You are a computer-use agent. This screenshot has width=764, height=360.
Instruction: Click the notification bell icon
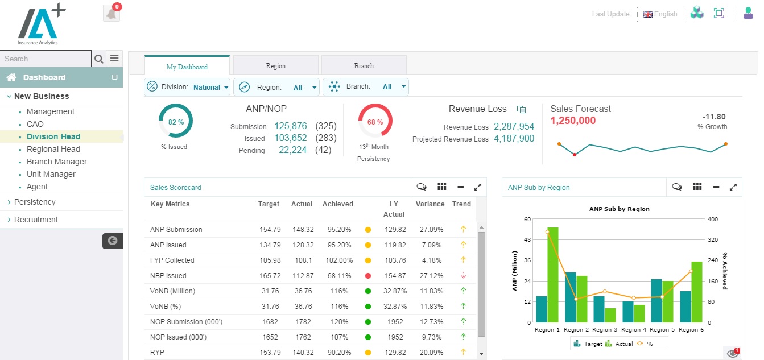111,14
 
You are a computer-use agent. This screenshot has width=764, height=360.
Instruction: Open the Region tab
276,66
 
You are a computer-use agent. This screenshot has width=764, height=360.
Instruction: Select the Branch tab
364,66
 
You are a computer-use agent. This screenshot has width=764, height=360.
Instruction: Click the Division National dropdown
188,87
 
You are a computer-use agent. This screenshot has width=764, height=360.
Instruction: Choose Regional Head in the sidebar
53,149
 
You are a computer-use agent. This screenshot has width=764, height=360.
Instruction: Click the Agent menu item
38,187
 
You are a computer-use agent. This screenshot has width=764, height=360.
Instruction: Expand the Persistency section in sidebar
35,202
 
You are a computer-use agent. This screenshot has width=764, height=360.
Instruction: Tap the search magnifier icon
99,59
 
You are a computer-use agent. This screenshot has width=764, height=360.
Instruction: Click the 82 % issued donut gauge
176,121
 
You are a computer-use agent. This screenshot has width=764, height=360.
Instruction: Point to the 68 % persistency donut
375,121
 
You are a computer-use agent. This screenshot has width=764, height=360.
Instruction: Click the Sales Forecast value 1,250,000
573,121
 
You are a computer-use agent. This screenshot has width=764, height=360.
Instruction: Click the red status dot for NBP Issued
368,276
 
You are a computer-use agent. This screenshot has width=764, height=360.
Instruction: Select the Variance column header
430,204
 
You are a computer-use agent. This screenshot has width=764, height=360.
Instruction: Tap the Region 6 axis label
688,330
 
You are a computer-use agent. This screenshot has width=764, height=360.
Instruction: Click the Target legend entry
588,344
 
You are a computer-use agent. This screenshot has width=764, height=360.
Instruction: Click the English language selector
660,14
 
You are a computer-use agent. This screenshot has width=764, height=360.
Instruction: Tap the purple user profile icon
748,14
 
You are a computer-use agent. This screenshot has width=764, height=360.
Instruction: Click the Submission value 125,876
291,126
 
